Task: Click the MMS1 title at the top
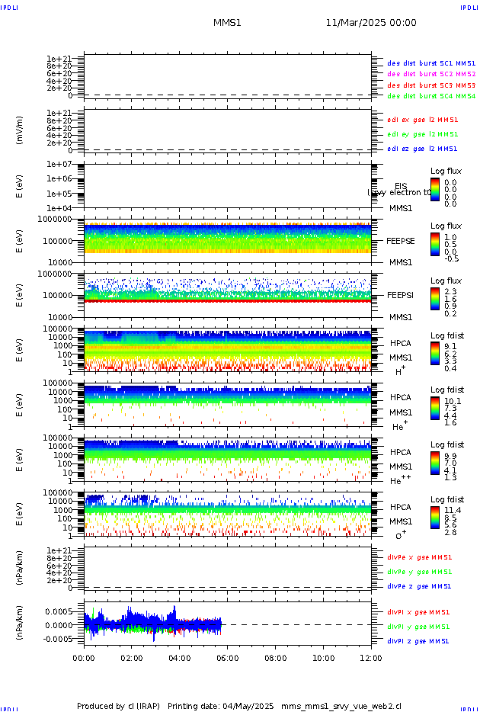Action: coord(227,23)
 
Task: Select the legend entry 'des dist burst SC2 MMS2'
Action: coord(431,74)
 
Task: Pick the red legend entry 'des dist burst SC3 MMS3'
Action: coord(431,85)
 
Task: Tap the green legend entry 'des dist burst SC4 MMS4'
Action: coord(431,97)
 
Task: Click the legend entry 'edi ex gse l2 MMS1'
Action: coord(422,120)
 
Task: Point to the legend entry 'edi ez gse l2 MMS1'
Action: coord(422,149)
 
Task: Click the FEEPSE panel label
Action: coord(400,240)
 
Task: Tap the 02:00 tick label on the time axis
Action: coord(132,658)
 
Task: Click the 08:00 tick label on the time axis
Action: coord(276,658)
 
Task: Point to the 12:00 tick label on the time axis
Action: coord(371,658)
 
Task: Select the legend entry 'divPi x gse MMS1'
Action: coord(418,612)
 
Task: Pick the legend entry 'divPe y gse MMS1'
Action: coord(418,572)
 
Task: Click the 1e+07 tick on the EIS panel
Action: coord(59,165)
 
